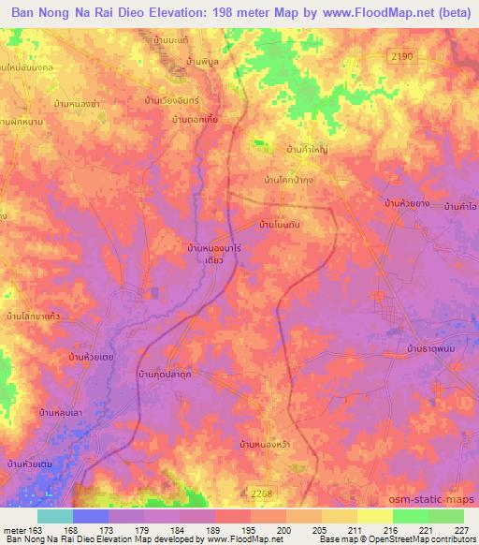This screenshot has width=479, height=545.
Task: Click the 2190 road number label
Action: [x=402, y=57]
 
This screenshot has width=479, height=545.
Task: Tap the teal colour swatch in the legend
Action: [x=54, y=516]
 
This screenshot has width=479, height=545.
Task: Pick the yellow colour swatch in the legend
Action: [x=375, y=516]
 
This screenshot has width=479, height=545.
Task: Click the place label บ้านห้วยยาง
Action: [x=411, y=202]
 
